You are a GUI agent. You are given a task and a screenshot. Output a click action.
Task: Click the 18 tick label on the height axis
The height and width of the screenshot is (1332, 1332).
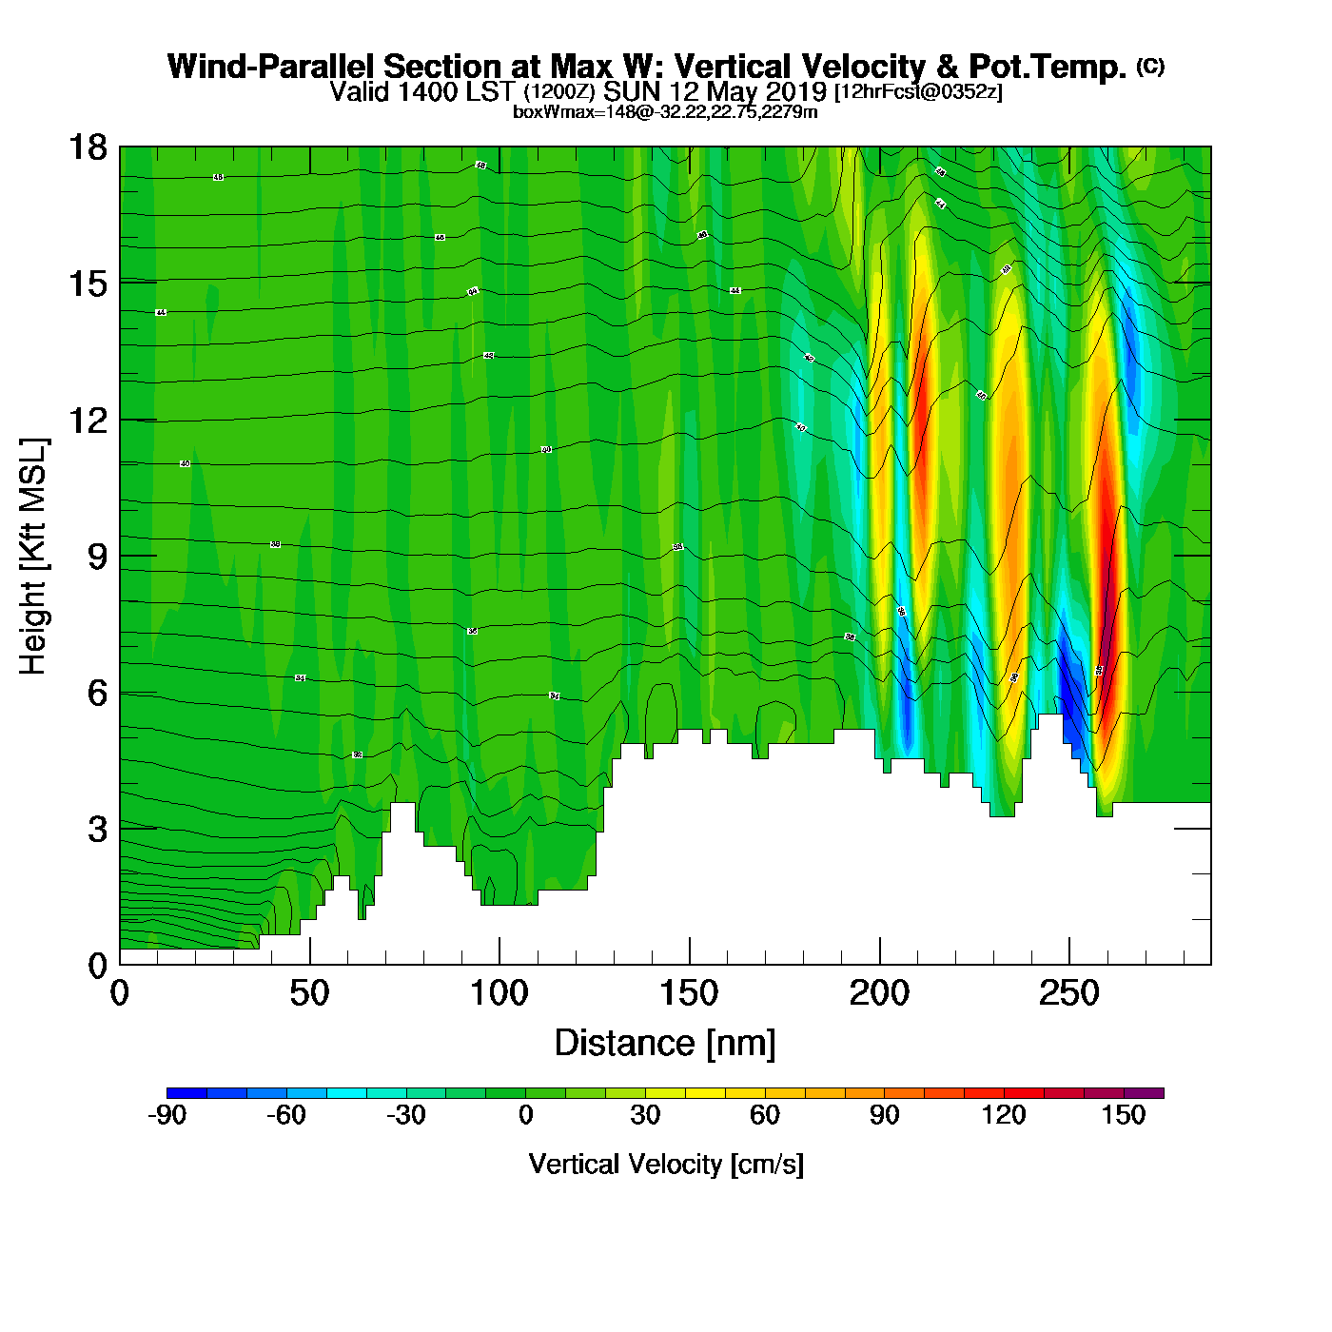(x=87, y=147)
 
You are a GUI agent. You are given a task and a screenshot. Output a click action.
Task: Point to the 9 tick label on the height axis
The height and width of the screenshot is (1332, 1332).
(x=97, y=557)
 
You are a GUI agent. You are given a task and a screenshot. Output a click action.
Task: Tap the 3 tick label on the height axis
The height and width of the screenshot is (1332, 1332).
(x=97, y=830)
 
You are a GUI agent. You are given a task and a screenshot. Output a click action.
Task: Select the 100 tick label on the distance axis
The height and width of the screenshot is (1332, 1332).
(x=499, y=994)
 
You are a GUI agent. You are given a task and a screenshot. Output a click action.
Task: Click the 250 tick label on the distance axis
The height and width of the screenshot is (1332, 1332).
(x=1069, y=994)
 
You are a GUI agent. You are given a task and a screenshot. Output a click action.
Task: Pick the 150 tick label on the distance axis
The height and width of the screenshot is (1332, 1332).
(x=690, y=994)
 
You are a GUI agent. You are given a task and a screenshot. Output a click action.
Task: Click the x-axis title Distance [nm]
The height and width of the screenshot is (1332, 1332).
(x=665, y=1044)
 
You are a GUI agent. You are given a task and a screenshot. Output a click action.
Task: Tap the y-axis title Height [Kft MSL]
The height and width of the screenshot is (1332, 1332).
(x=33, y=557)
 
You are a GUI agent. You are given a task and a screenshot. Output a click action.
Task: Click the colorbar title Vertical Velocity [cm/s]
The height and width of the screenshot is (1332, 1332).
(x=666, y=1164)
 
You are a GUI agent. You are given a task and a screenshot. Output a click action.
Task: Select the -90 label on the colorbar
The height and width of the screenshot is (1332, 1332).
(x=166, y=1115)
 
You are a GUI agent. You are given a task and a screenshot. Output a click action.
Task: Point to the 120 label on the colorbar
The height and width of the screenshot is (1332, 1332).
(x=1004, y=1115)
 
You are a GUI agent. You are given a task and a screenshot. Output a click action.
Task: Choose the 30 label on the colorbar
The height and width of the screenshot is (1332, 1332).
(x=645, y=1115)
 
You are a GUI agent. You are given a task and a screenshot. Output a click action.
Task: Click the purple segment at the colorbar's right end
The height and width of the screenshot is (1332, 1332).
(x=1144, y=1093)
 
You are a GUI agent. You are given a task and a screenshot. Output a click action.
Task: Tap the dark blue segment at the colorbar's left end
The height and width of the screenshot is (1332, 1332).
(x=186, y=1093)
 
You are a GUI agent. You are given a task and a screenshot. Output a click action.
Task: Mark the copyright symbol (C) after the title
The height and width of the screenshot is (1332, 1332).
(x=1150, y=66)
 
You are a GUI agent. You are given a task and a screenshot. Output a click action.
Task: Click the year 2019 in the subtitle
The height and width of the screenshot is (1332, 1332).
(x=797, y=91)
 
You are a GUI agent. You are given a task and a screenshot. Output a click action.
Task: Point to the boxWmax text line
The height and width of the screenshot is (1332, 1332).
(x=665, y=111)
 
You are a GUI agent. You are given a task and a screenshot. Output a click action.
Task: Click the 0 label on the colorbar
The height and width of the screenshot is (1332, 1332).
(x=525, y=1115)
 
